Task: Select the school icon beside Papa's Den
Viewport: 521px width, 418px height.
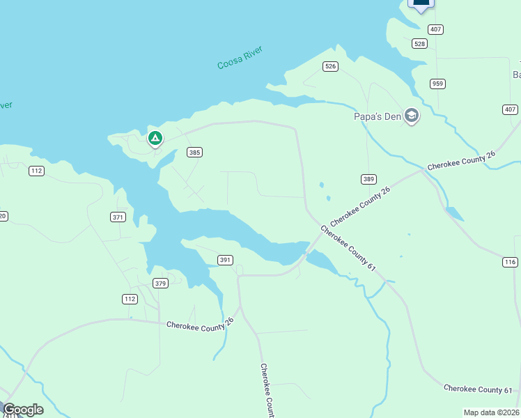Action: point(412,116)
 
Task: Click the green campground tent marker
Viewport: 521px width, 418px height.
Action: point(155,139)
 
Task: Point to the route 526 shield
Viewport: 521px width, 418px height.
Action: point(330,66)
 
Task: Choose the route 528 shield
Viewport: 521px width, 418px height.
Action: point(419,43)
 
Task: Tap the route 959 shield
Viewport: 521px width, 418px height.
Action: point(437,84)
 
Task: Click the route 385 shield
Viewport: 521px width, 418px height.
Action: point(195,152)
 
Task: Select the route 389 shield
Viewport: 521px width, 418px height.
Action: point(368,179)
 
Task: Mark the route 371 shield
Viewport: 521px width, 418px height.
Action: point(118,217)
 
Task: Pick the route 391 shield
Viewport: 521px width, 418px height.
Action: point(225,260)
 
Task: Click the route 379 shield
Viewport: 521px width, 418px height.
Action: point(161,283)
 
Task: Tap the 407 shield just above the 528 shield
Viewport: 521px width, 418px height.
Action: point(436,29)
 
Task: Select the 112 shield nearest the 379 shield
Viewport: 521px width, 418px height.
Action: point(130,299)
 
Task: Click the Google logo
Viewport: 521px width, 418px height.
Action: point(23,410)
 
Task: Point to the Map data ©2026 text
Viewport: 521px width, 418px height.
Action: point(492,412)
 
